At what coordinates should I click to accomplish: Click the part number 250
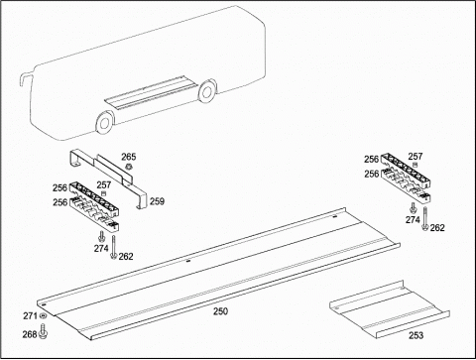(x=220, y=311)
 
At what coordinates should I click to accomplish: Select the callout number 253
(x=416, y=335)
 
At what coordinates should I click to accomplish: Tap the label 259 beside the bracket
(x=157, y=201)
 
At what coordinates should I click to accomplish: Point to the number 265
(x=129, y=157)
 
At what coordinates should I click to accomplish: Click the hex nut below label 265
(x=129, y=167)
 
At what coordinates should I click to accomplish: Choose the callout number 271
(x=30, y=316)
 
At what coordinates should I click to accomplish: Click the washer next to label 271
(x=43, y=316)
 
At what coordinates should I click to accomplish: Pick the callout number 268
(x=30, y=334)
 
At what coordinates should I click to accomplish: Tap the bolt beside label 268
(x=43, y=331)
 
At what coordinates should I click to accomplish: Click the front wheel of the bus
(x=104, y=122)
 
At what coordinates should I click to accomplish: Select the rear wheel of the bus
(x=207, y=91)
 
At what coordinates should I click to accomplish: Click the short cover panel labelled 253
(x=390, y=309)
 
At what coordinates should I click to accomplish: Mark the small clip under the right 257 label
(x=416, y=165)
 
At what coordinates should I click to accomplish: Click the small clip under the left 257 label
(x=103, y=193)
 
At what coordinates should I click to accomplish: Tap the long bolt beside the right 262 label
(x=425, y=219)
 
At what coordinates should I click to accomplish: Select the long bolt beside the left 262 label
(x=114, y=247)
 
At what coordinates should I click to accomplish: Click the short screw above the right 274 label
(x=413, y=207)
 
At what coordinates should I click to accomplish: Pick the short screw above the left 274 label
(x=101, y=236)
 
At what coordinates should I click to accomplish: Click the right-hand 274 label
(x=413, y=220)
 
